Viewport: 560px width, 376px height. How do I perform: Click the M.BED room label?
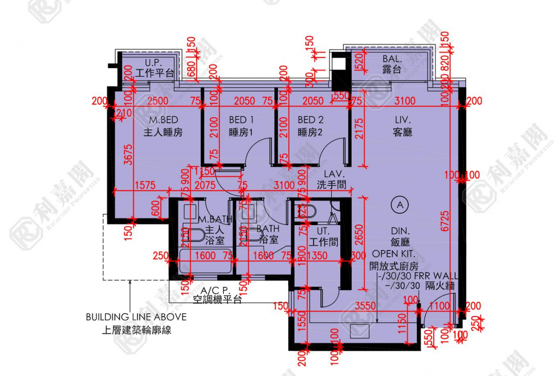[x=163, y=120]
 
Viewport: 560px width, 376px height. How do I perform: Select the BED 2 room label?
[x=311, y=120]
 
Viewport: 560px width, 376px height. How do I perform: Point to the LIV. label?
[x=403, y=120]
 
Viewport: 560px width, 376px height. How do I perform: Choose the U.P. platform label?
[x=154, y=63]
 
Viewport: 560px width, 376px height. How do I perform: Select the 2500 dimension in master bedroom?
[x=158, y=101]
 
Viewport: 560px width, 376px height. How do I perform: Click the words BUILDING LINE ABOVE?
[x=136, y=317]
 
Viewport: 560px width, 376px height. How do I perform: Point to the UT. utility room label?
[x=321, y=231]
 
